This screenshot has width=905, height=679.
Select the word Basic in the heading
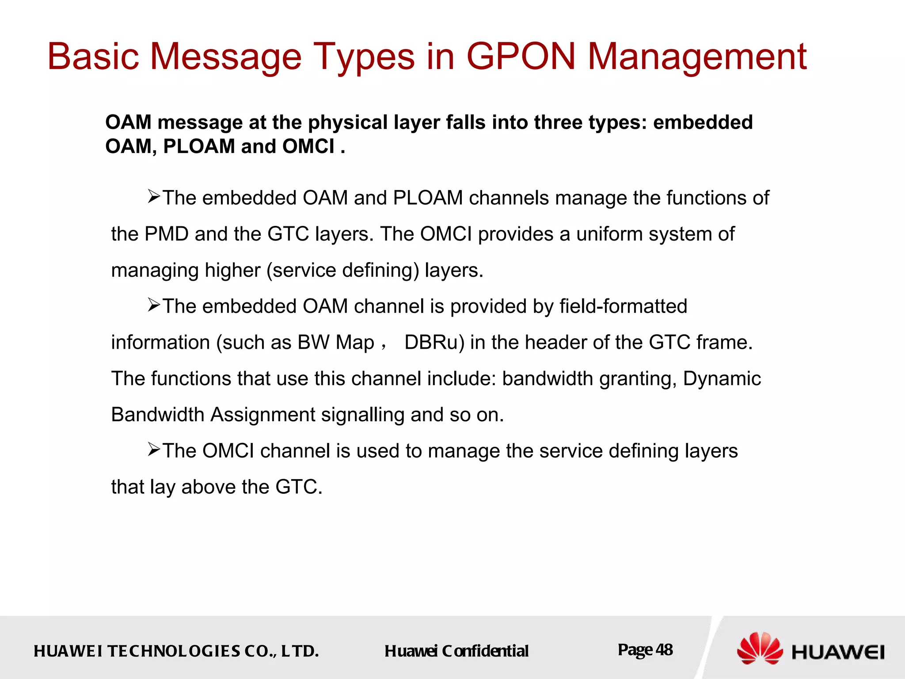point(93,56)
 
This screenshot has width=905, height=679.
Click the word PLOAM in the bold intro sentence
point(199,146)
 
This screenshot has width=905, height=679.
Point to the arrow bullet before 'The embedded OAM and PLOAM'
point(154,196)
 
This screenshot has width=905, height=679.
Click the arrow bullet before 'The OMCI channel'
point(154,450)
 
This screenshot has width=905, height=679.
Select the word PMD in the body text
point(167,234)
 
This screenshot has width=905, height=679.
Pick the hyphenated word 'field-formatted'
point(623,306)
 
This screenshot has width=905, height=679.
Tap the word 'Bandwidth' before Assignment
point(157,415)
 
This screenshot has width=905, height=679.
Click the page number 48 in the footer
point(664,649)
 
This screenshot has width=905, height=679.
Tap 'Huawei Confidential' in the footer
point(456,651)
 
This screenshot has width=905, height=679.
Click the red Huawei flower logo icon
point(759,648)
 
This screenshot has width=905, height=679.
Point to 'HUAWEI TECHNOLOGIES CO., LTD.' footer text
point(176,651)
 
